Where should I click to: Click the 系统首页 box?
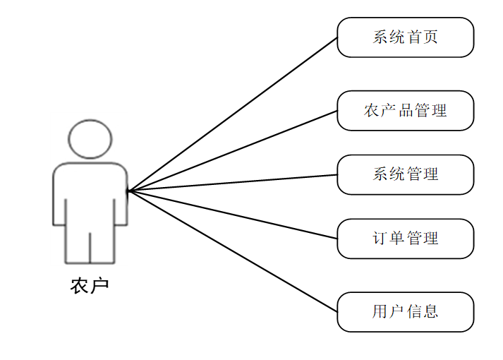[405, 37]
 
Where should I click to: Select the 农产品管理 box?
[405, 111]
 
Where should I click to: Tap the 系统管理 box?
[405, 174]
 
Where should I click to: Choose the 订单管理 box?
[405, 239]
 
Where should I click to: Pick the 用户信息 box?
[405, 312]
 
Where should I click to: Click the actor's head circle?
[90, 139]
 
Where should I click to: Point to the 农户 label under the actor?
[90, 287]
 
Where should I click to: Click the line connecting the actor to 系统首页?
[233, 114]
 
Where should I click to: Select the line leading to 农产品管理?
[233, 150]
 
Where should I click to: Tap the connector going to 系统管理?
[233, 182]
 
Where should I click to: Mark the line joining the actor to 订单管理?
[233, 215]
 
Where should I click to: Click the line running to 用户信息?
[233, 251]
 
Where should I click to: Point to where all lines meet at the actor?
[128, 191]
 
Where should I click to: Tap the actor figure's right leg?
[103, 240]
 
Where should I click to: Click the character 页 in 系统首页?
[430, 37]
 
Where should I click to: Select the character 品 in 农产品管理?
[406, 111]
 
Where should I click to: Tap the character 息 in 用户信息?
[430, 312]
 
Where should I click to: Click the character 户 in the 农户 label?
[100, 287]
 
